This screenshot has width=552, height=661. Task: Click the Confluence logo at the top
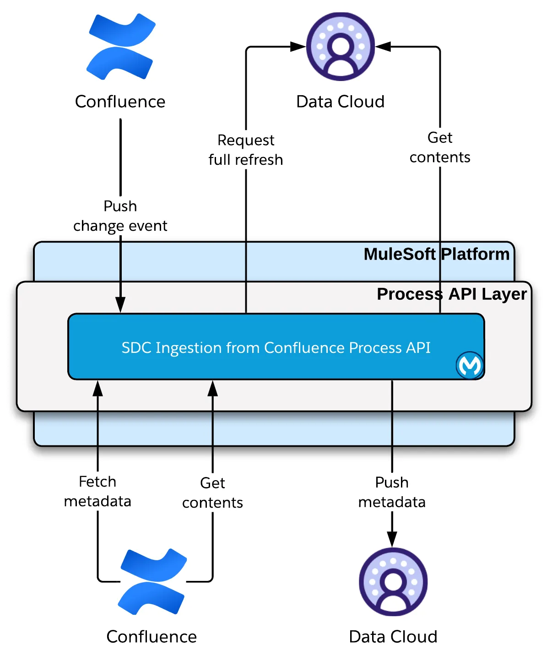click(121, 47)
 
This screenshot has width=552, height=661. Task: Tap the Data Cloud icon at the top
click(340, 47)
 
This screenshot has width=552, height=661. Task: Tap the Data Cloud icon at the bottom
click(393, 581)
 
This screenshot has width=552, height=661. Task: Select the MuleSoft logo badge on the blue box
click(470, 365)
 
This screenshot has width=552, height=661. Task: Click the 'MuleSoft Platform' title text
click(436, 254)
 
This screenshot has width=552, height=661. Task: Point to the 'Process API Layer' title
click(451, 294)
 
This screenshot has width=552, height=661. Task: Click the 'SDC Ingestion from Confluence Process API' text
click(276, 348)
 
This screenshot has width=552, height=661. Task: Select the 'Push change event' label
click(120, 216)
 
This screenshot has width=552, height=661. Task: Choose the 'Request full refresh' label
click(246, 150)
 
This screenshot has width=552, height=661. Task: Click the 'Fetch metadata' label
click(97, 492)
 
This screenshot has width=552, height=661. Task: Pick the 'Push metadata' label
click(392, 492)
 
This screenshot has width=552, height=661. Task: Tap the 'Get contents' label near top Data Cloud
click(440, 147)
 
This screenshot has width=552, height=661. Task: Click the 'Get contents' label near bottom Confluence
click(212, 493)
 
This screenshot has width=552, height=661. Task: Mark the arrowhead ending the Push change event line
click(120, 305)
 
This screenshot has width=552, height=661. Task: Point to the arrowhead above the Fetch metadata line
click(97, 388)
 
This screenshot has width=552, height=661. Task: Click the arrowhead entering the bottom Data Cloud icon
click(392, 539)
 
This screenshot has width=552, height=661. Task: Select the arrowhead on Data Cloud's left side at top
click(298, 47)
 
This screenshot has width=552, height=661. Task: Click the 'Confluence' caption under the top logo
click(120, 102)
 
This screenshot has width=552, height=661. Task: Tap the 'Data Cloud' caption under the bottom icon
click(393, 637)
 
